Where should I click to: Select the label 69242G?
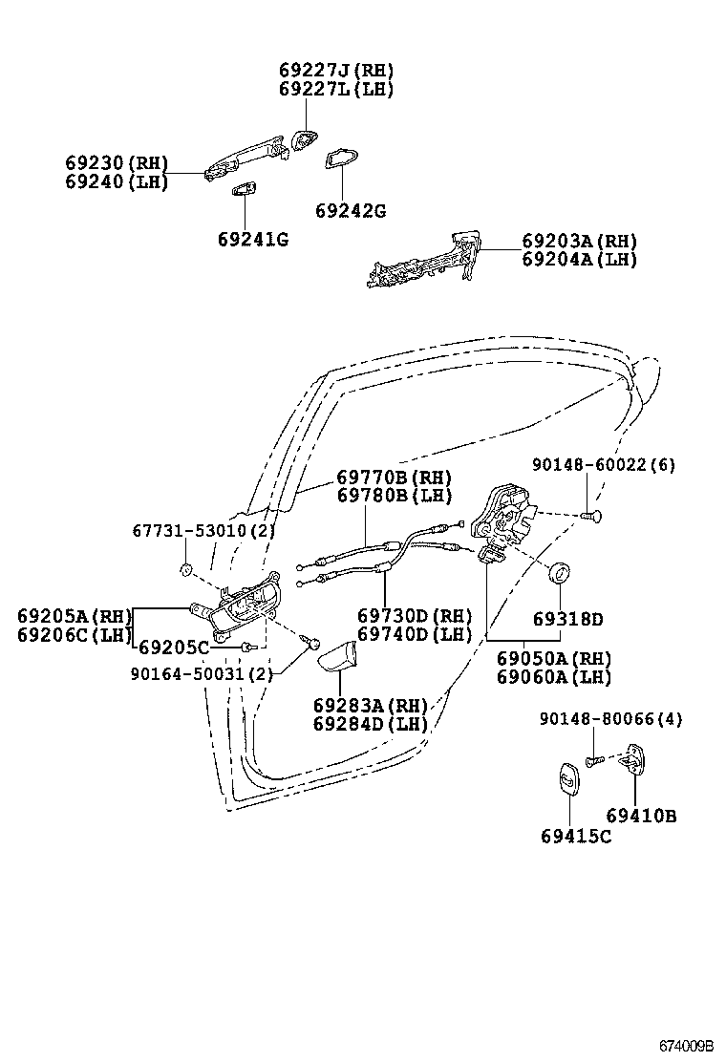click(351, 211)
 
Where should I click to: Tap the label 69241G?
click(252, 239)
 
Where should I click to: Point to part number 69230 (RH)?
click(117, 163)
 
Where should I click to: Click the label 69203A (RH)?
click(580, 241)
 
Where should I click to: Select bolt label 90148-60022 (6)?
click(604, 465)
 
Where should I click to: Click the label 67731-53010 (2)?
click(203, 530)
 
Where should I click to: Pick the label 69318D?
click(567, 619)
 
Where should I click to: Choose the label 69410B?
click(641, 816)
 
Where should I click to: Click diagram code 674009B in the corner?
click(685, 1044)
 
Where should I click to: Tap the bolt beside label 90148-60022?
click(593, 515)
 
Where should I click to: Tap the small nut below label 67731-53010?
click(185, 571)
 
